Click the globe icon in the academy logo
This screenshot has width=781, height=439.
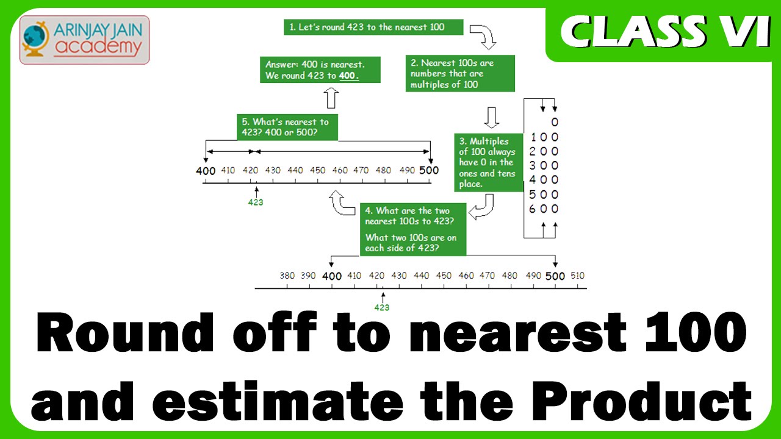(x=35, y=39)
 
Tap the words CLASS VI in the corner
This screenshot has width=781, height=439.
(x=665, y=32)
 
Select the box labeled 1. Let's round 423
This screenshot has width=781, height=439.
(x=373, y=27)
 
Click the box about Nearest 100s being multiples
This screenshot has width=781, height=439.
(x=460, y=74)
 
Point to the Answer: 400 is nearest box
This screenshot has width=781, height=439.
(x=320, y=70)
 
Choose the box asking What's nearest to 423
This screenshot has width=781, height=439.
(x=287, y=127)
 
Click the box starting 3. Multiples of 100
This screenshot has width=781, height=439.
(x=489, y=163)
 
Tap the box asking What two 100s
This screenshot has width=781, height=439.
(x=413, y=230)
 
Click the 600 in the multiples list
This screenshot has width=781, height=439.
(x=544, y=209)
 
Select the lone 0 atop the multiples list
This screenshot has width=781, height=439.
(x=555, y=122)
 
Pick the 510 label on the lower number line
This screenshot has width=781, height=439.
(x=577, y=276)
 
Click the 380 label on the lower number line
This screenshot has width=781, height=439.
(x=287, y=276)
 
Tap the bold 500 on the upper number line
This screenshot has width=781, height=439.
(x=429, y=170)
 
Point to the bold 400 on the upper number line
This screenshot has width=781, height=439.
(x=206, y=171)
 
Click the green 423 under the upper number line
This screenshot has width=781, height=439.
(x=256, y=202)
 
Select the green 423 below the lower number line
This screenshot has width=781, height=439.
(x=382, y=308)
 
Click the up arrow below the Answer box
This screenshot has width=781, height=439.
(x=331, y=98)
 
